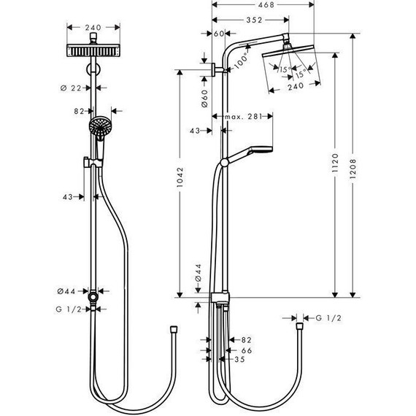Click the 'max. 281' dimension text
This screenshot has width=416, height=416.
(244, 116)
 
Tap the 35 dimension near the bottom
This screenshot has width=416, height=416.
(239, 359)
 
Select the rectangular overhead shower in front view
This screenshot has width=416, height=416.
(93, 52)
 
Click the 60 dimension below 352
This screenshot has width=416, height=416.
(219, 34)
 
